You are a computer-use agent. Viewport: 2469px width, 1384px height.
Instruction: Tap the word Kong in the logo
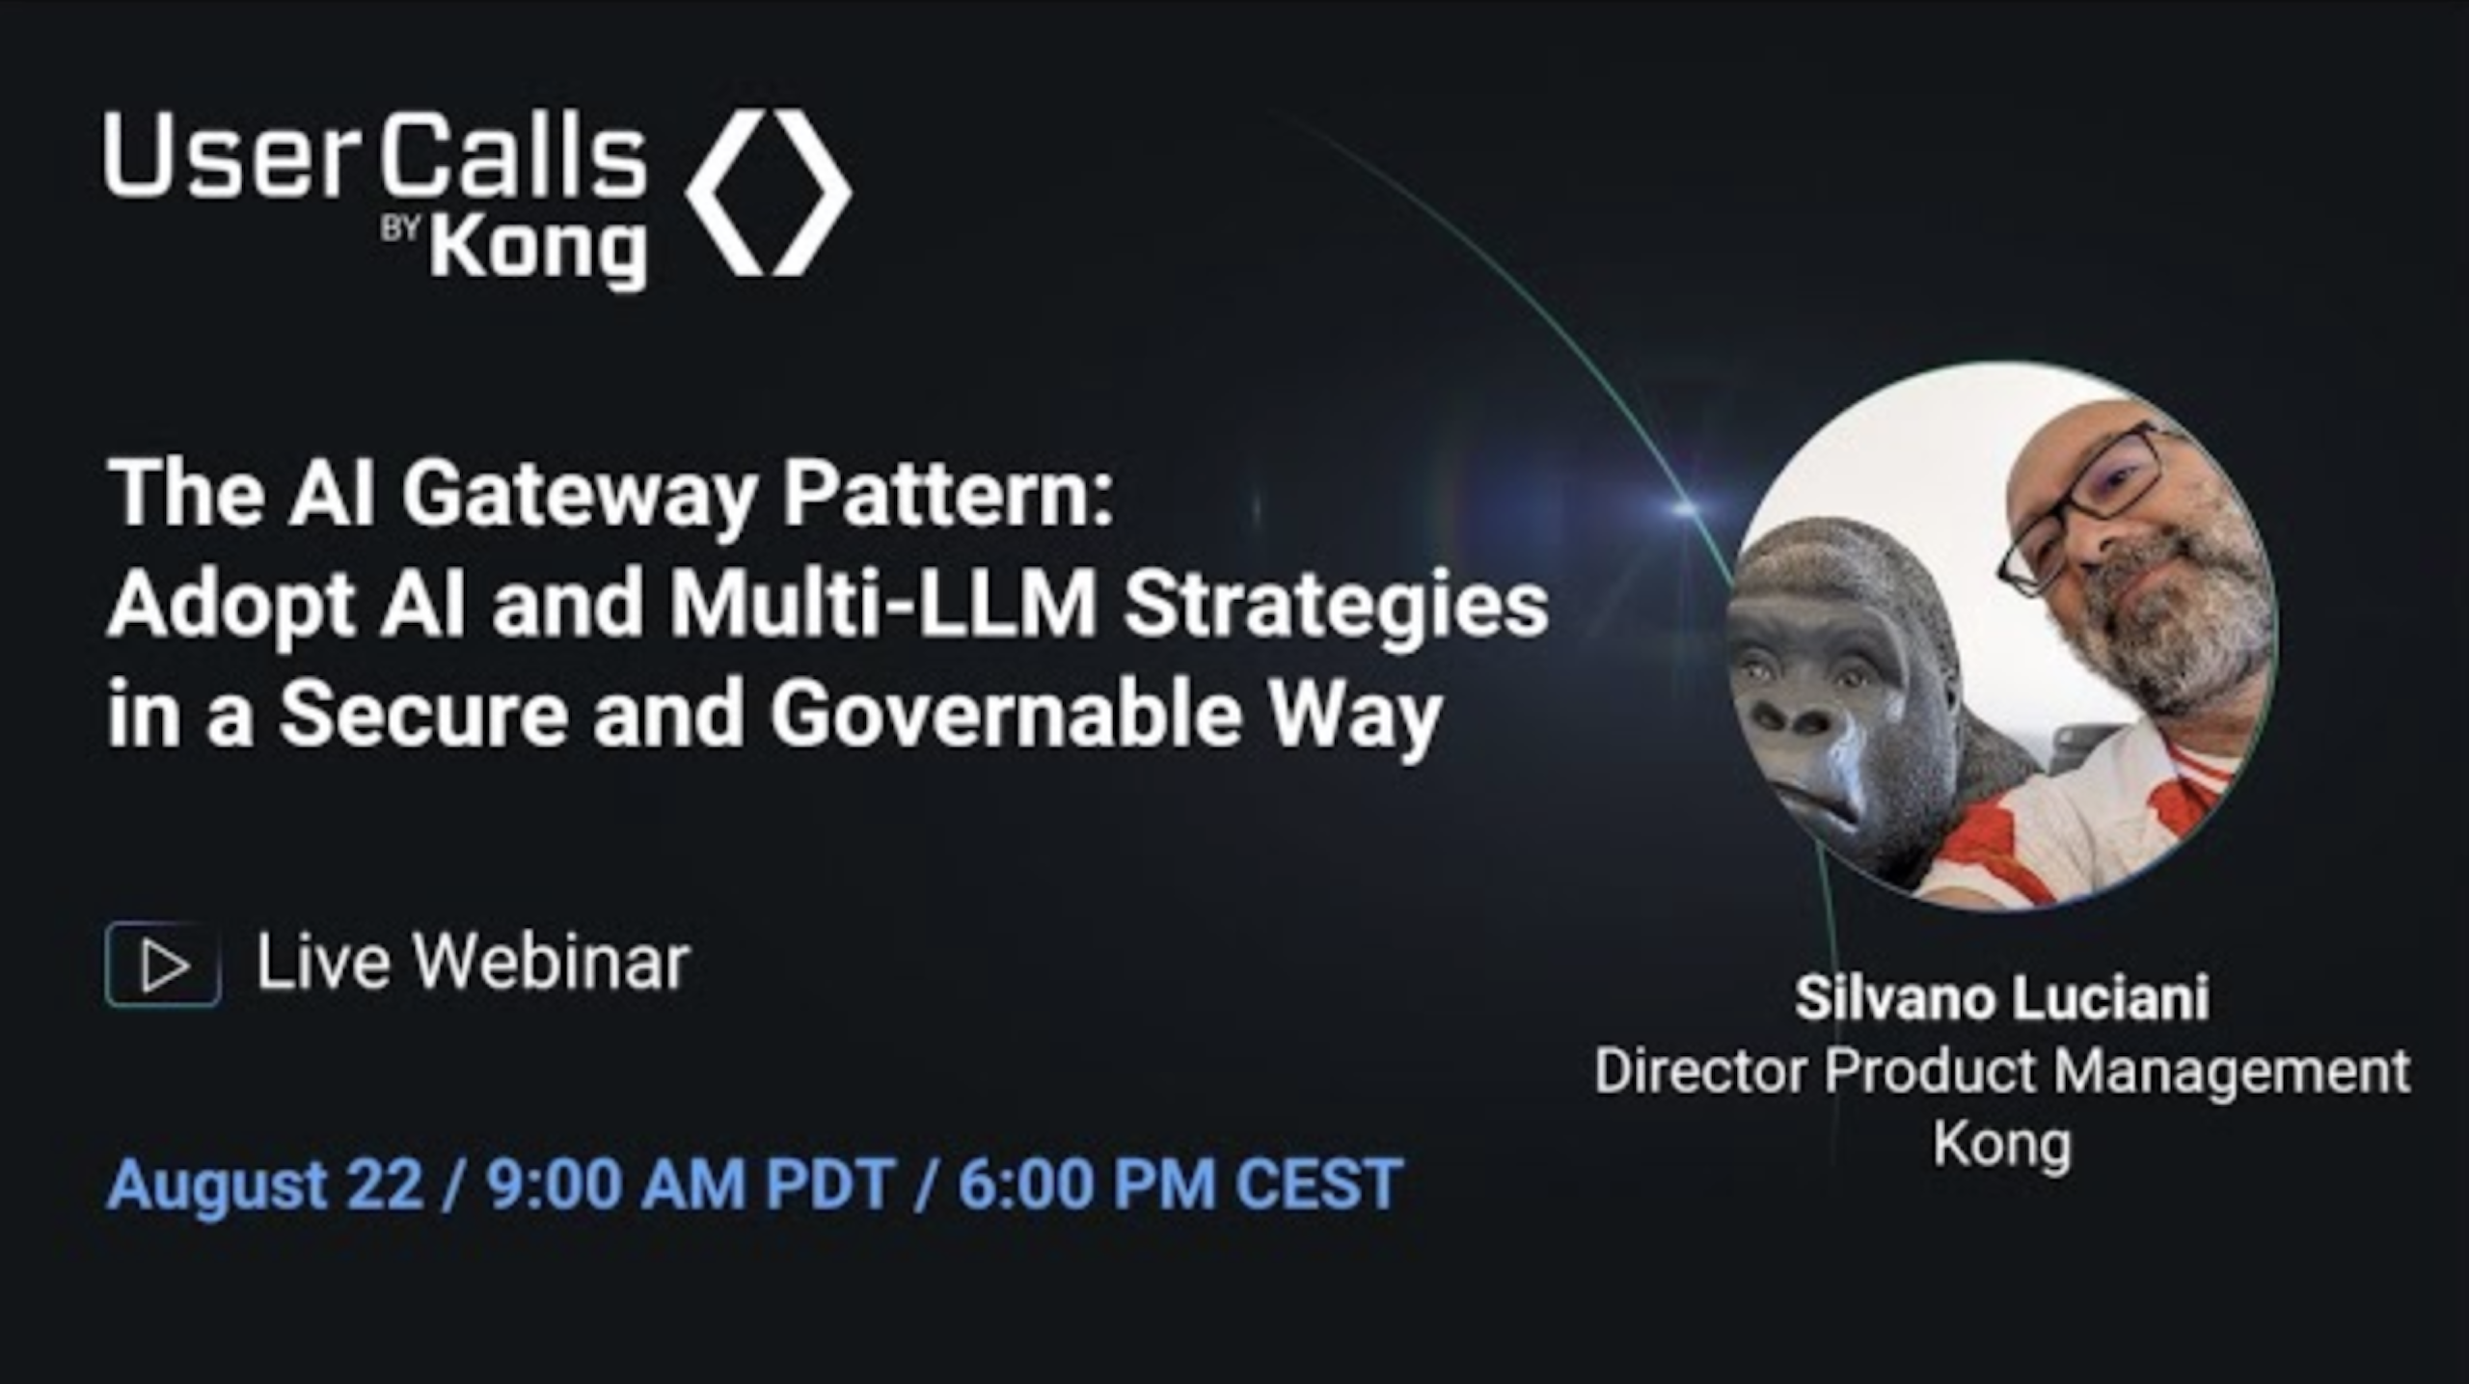tap(538, 249)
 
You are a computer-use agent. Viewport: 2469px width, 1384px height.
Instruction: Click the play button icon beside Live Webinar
tap(163, 964)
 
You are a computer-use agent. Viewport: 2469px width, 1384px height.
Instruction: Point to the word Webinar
tap(553, 963)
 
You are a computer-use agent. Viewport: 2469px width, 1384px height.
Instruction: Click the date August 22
tap(265, 1184)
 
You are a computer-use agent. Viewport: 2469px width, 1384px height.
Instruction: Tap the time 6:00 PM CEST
tap(1180, 1184)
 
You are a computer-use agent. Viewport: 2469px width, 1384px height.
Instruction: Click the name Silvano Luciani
tap(2002, 998)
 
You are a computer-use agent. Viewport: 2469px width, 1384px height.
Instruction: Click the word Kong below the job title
tap(2002, 1145)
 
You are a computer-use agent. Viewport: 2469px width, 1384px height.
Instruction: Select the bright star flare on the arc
tap(1683, 505)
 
